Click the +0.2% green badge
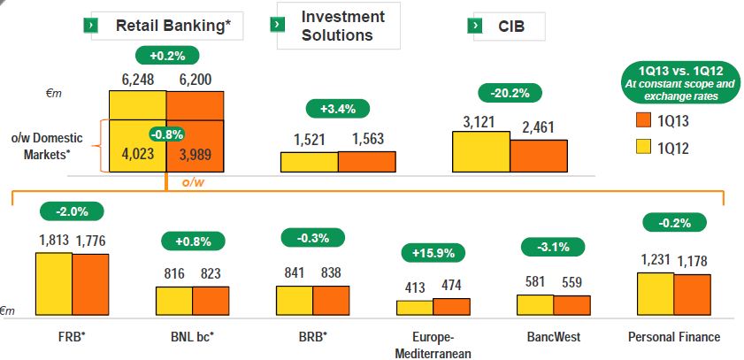166,55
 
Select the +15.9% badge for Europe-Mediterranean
433,253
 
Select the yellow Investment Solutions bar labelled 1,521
310,161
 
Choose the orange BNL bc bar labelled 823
211,301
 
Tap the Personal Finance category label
674,337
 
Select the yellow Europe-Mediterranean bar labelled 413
414,308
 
